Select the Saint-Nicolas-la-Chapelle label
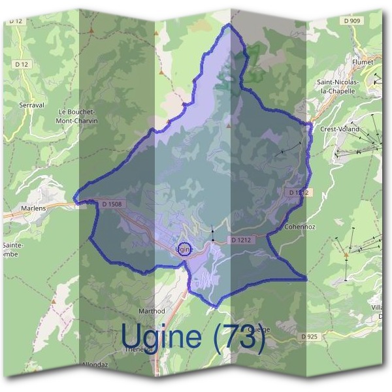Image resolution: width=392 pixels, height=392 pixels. tap(338, 86)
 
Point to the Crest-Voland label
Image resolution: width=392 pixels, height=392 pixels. tap(338, 129)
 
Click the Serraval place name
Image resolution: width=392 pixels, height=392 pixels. tap(31, 105)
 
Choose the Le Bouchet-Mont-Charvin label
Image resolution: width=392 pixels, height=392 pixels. tap(77, 116)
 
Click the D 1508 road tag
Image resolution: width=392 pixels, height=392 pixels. tap(112, 204)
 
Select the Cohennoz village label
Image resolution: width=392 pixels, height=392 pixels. tap(300, 227)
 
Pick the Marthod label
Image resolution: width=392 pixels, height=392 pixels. tap(152, 311)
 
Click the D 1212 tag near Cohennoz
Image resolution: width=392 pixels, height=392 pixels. tap(297, 192)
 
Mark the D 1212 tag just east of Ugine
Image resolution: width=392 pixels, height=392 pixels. tap(240, 240)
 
